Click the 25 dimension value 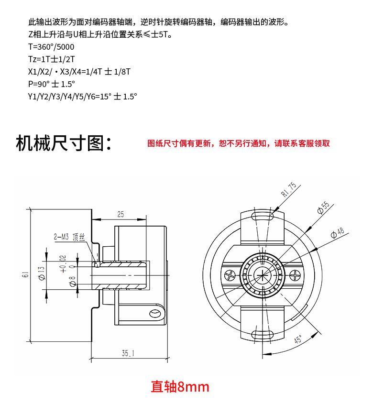click(x=120, y=214)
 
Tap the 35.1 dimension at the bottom click(x=128, y=354)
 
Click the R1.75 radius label click(x=289, y=190)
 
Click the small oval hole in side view click(x=155, y=314)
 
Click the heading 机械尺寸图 click(x=64, y=142)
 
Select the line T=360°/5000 click(x=51, y=47)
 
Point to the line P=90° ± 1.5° click(x=52, y=84)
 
